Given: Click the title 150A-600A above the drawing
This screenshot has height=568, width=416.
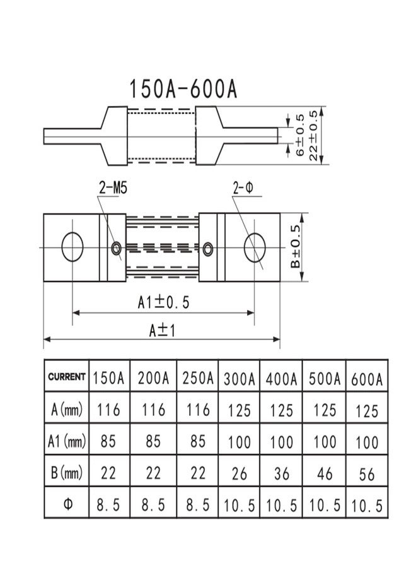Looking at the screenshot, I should [183, 89].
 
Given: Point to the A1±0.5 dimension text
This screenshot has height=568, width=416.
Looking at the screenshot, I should [163, 302].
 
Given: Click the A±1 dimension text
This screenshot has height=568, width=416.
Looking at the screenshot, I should [162, 329].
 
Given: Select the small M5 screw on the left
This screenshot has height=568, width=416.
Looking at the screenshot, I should [116, 249].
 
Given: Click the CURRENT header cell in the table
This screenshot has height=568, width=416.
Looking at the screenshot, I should [67, 377].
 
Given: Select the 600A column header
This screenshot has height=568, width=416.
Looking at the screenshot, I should [366, 379].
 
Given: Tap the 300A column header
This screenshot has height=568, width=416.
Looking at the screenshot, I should [239, 379].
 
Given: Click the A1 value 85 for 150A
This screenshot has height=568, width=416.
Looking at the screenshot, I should [108, 441].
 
